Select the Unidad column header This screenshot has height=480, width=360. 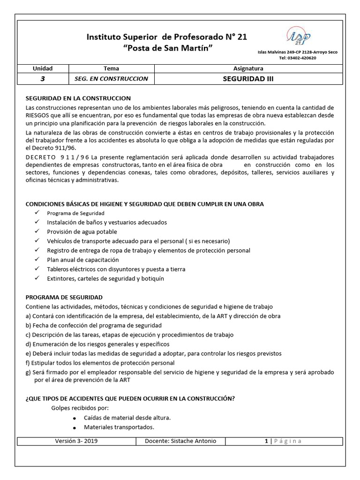(43, 68)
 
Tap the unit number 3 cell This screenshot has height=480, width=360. (43, 79)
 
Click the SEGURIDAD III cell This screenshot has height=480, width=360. (248, 79)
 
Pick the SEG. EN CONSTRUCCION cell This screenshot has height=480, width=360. (111, 79)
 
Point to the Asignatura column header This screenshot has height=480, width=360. (248, 68)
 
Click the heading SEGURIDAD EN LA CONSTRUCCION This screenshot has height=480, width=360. (78, 98)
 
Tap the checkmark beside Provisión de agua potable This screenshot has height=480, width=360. (37, 232)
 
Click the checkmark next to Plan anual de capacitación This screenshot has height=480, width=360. (37, 260)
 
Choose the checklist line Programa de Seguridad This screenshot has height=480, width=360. (75, 213)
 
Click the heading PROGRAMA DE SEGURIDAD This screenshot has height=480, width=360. (64, 297)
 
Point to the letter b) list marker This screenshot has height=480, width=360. (28, 325)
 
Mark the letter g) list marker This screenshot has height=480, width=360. (28, 372)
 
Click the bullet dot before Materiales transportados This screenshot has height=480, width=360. (75, 427)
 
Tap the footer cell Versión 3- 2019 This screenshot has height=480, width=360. (76, 441)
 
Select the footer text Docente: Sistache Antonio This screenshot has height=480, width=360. (180, 441)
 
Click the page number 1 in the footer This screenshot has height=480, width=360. (266, 441)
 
